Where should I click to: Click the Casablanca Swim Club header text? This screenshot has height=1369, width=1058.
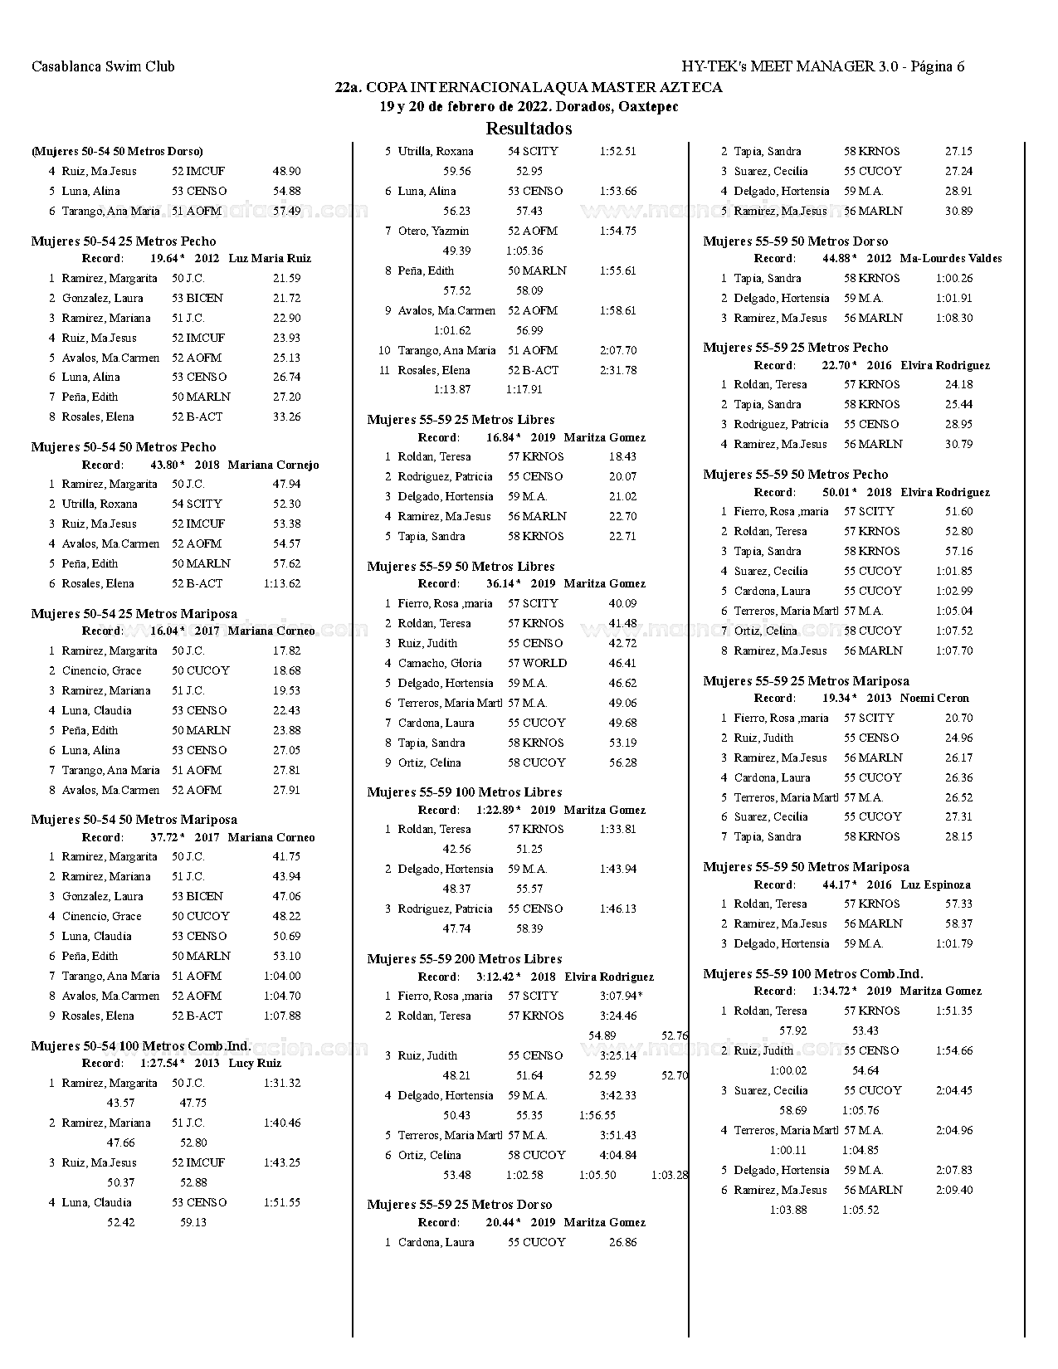103,66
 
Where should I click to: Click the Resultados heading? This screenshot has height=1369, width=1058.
529,129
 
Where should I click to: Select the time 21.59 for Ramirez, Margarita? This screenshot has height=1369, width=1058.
286,279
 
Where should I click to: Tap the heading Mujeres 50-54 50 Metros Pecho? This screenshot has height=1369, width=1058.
124,447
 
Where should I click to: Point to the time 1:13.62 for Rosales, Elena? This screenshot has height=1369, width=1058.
282,584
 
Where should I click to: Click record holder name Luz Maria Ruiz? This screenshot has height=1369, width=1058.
270,259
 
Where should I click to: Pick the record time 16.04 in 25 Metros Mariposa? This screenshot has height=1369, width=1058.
164,631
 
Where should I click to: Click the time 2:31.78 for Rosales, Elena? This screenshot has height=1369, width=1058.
618,371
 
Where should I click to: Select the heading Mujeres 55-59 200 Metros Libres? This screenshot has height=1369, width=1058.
465,959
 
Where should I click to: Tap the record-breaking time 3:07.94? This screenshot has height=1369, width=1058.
619,996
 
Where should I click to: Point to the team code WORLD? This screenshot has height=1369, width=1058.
544,664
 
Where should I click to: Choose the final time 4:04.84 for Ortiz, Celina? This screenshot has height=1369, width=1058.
618,1156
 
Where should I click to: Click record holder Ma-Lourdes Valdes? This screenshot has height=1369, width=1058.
950,259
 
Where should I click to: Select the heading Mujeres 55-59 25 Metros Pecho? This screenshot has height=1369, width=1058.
795,348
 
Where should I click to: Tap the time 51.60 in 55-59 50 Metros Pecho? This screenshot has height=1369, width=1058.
958,512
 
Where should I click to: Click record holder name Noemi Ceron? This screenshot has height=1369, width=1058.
934,699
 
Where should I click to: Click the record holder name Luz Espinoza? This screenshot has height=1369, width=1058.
935,885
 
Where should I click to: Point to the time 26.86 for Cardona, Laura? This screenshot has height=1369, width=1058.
622,1243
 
